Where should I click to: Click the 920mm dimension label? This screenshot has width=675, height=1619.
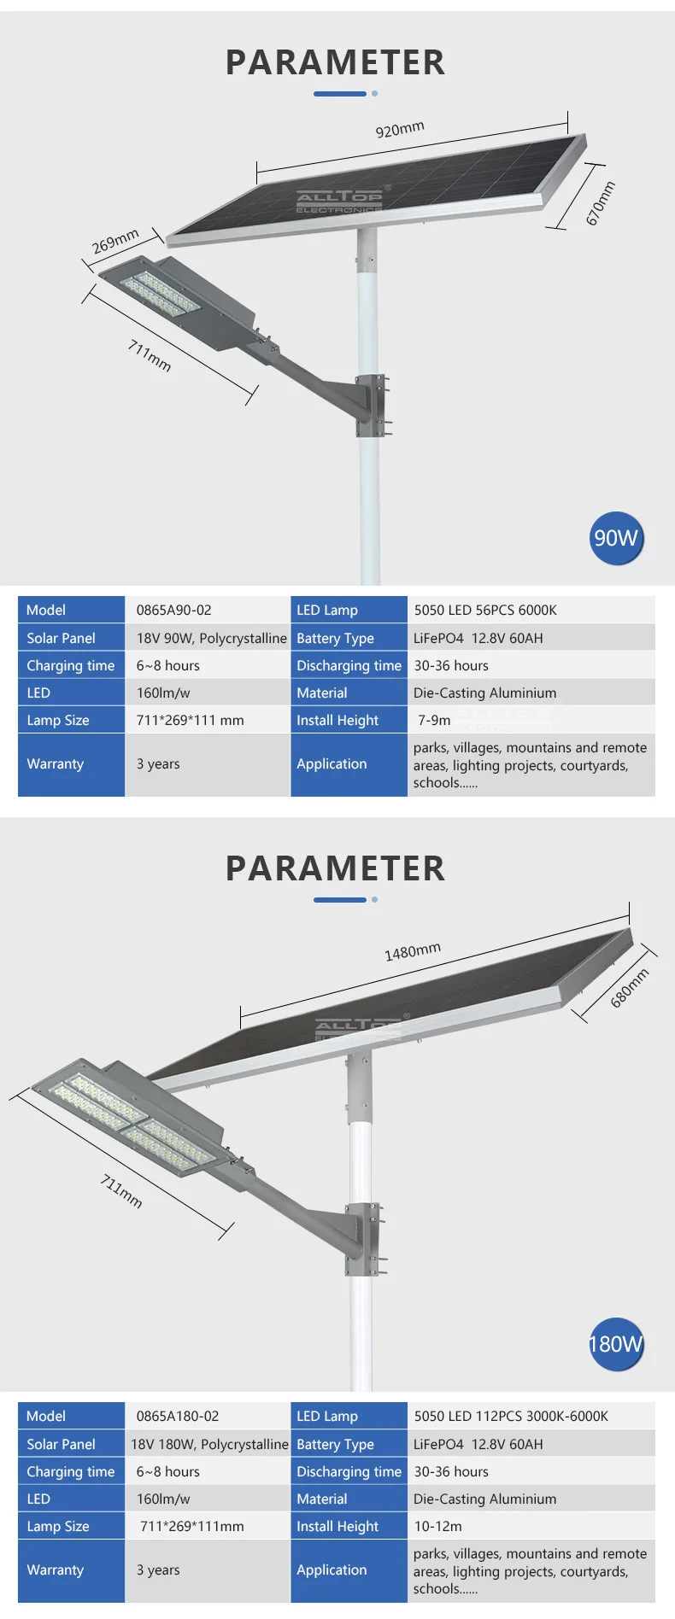pos(400,129)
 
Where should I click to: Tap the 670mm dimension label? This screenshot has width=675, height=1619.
pos(600,203)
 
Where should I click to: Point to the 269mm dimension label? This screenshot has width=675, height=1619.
pos(115,242)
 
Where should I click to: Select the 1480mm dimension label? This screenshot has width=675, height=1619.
pos(413,951)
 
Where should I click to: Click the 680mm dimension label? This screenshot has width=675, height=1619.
pos(630,988)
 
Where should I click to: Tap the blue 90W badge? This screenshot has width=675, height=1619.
pos(615,538)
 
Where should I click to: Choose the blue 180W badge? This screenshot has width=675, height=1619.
pos(615,1344)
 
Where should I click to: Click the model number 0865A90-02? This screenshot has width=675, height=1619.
pos(173,610)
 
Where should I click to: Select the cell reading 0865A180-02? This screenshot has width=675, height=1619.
pos(178,1416)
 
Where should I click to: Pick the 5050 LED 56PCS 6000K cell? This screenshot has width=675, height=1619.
pos(485,610)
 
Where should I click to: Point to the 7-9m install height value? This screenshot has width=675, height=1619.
pos(434,720)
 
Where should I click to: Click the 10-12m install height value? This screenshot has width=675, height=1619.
pos(437,1526)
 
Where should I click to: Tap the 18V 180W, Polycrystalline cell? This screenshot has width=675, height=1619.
pos(209,1444)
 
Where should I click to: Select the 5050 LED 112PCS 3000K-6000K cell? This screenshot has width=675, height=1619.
pos(511,1416)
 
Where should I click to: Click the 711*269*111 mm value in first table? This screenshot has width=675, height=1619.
pos(190,720)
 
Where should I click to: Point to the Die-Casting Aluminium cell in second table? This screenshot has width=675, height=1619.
pos(484,1499)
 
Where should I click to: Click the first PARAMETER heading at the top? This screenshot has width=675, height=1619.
pos(335,62)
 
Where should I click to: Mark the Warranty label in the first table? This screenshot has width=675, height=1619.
pos(55,763)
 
